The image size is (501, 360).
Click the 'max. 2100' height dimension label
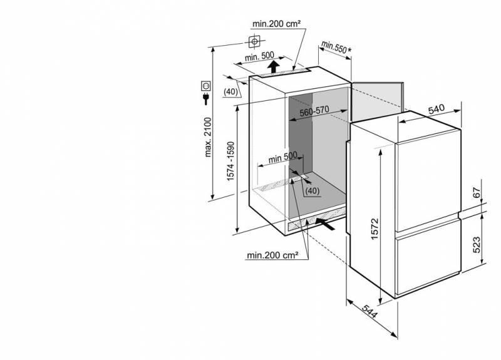tap(208, 137)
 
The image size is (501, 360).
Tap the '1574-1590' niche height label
tap(230, 161)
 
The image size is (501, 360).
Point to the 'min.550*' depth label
tap(336, 47)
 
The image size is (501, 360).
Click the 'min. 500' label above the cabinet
tap(259, 56)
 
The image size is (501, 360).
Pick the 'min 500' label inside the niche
tap(283, 157)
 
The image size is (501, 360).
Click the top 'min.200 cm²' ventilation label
tap(276, 24)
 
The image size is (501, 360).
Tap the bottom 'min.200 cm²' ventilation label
tap(272, 255)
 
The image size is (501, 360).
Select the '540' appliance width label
tap(436, 109)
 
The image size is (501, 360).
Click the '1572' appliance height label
tap(374, 229)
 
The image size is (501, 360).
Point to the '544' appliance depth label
tap(370, 311)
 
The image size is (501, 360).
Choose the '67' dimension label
tap(477, 193)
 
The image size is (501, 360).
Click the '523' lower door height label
tap(477, 245)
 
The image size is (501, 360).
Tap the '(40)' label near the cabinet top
tap(230, 91)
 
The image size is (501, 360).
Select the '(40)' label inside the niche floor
tap(312, 191)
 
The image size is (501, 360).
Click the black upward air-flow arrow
tap(273, 67)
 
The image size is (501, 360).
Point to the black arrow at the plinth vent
tap(326, 224)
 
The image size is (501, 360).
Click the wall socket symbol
tap(206, 86)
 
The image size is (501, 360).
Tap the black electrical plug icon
tap(206, 99)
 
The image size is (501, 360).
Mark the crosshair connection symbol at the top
tap(254, 41)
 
